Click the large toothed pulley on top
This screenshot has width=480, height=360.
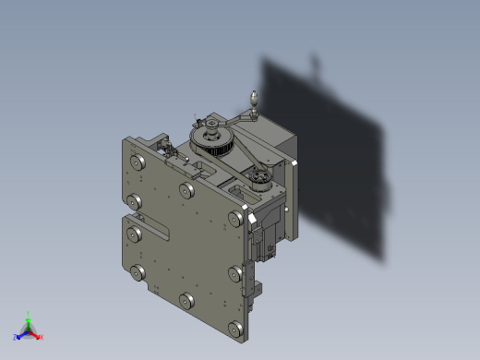pyautogui.click(x=211, y=141)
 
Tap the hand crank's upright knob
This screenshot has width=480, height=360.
pyautogui.click(x=256, y=96)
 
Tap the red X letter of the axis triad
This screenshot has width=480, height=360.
pyautogui.click(x=42, y=337)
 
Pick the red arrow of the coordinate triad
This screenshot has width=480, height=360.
pyautogui.click(x=35, y=334)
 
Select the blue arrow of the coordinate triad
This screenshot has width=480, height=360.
pyautogui.click(x=21, y=334)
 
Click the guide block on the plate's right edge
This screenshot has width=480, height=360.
pyautogui.click(x=249, y=278)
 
